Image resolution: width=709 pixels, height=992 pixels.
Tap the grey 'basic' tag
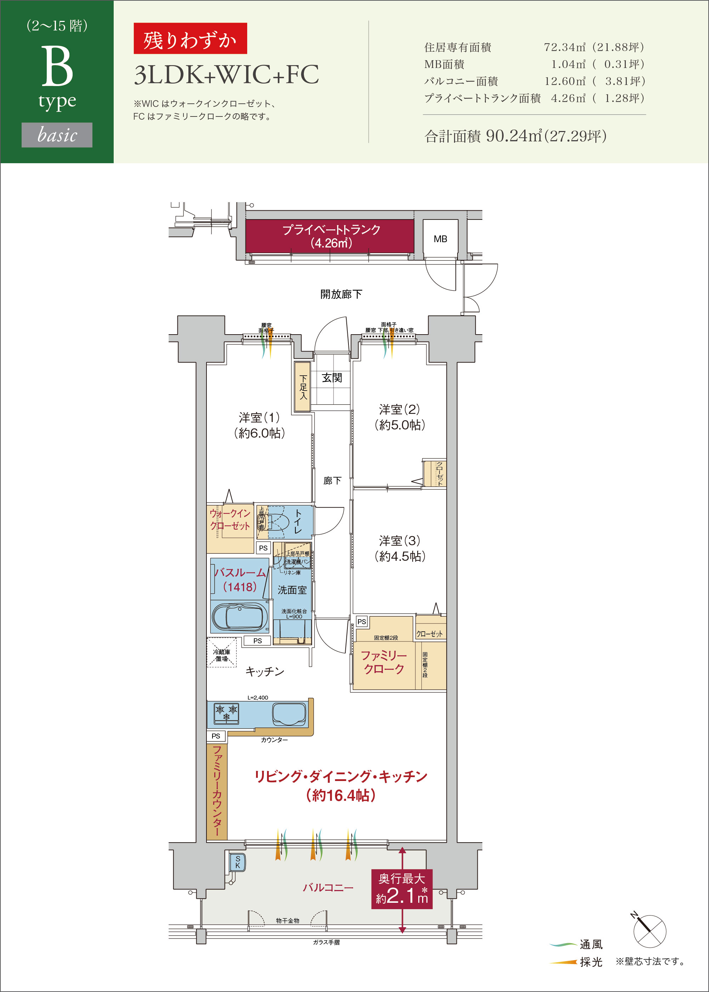coord(57,135)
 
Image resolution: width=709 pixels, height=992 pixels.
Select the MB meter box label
coord(440,239)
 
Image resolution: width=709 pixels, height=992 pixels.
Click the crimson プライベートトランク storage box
coord(330,236)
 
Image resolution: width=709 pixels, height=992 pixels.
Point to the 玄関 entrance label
coord(332,377)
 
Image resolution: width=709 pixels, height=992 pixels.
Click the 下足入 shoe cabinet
coord(302,387)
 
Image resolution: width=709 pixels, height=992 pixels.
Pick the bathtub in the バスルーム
coord(239,617)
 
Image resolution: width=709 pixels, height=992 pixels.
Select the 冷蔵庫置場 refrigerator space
coord(221,653)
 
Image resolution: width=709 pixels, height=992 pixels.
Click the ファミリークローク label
coord(384,662)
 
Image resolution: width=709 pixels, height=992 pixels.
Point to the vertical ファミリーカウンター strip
coord(216,790)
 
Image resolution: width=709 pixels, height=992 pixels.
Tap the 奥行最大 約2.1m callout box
coord(402,889)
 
